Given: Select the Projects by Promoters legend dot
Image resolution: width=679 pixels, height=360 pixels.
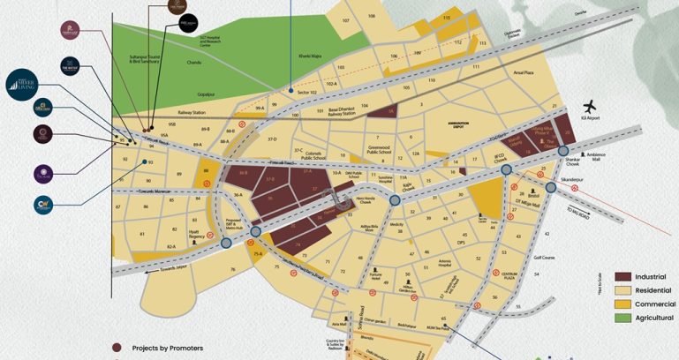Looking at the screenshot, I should tap(115, 348).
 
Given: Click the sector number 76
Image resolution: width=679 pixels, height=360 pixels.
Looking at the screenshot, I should tap(233, 267).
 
